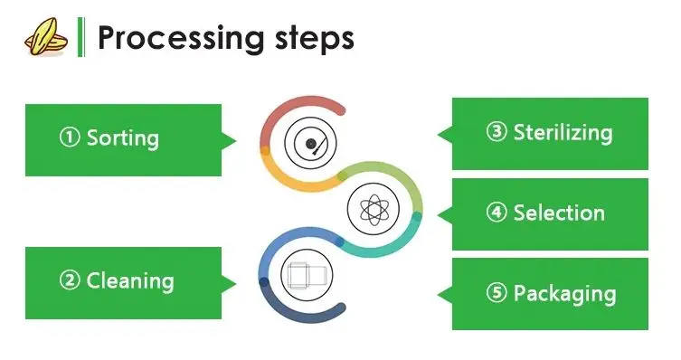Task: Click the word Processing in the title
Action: pyautogui.click(x=181, y=39)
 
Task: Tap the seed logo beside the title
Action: pyautogui.click(x=46, y=37)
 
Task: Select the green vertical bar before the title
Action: pyautogui.click(x=81, y=37)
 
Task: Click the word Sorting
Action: pyautogui.click(x=123, y=138)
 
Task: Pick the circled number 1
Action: pyautogui.click(x=70, y=137)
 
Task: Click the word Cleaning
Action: pyautogui.click(x=130, y=281)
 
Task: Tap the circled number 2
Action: pyautogui.click(x=70, y=280)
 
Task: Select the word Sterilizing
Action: pyautogui.click(x=563, y=133)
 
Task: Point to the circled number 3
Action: pyautogui.click(x=497, y=131)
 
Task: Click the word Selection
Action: pyautogui.click(x=559, y=213)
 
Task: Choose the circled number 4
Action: pyautogui.click(x=497, y=212)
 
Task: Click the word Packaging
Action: pyautogui.click(x=564, y=294)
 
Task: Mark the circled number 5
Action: pyautogui.click(x=497, y=292)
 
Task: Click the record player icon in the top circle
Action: pyautogui.click(x=310, y=143)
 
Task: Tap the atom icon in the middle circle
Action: pyautogui.click(x=374, y=210)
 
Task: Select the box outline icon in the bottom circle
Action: pyautogui.click(x=307, y=275)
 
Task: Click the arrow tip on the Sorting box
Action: pyautogui.click(x=236, y=140)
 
